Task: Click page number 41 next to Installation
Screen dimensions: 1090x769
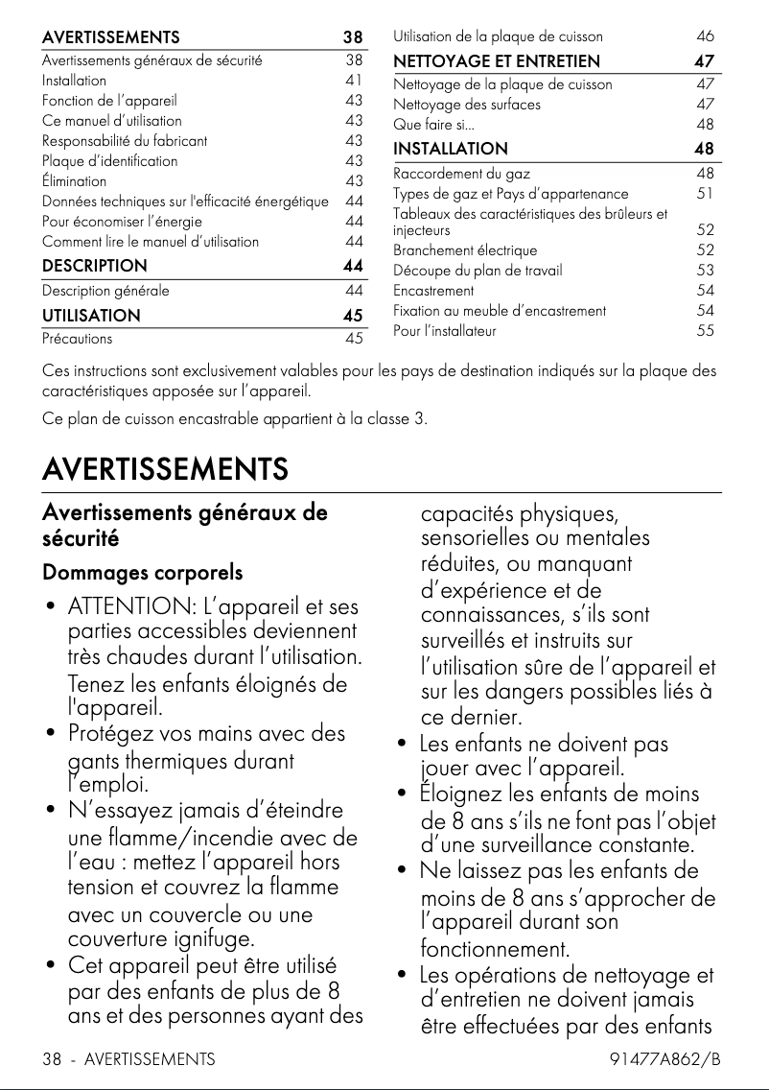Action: [x=354, y=80]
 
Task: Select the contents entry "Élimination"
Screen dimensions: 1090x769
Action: [x=75, y=180]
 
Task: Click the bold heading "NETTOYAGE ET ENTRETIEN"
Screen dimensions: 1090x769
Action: [x=497, y=61]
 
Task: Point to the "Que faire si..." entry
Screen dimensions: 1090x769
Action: [x=433, y=125]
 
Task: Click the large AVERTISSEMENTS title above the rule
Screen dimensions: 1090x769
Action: [x=165, y=469]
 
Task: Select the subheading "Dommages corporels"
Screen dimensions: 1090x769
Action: [x=142, y=573]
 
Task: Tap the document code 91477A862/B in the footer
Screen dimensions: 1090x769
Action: [x=664, y=1059]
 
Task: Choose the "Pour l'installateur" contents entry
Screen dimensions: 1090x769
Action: [x=445, y=331]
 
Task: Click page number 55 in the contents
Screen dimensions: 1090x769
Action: [x=706, y=331]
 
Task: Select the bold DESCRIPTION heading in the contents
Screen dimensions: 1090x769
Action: [x=95, y=266]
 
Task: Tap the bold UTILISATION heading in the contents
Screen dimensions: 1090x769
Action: [x=91, y=315]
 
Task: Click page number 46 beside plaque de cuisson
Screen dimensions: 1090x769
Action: [x=706, y=36]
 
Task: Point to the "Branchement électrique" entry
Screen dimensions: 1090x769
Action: [x=455, y=250]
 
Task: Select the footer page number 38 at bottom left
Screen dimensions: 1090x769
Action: [x=52, y=1059]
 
